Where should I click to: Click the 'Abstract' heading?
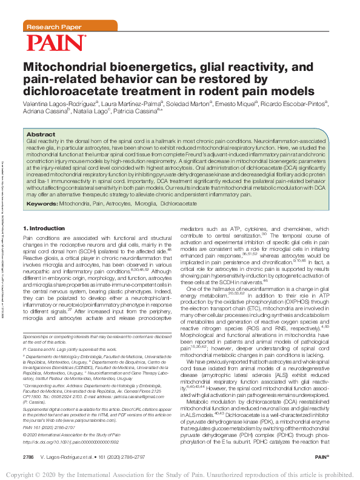click(41, 134)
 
